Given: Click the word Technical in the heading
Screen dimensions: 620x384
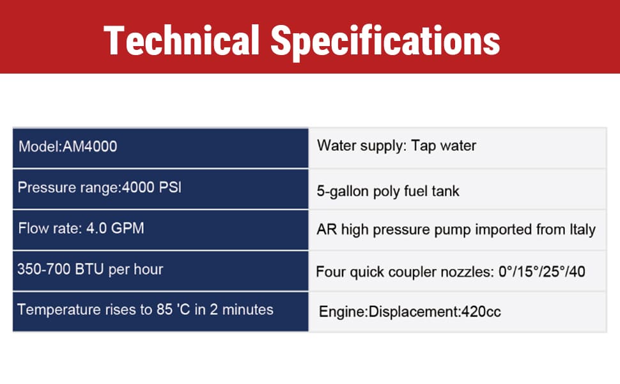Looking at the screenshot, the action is (182, 40).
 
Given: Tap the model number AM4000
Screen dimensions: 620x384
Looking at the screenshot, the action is (89, 147).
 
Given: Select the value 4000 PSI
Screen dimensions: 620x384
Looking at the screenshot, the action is (151, 187).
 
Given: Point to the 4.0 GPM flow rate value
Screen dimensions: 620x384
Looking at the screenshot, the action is (115, 228).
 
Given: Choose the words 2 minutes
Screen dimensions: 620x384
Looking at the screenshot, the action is (242, 310).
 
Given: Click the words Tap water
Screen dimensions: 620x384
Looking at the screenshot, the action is (444, 146).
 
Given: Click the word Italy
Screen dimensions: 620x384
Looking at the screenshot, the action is (582, 230).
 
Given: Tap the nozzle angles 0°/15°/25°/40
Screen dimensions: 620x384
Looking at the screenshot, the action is (542, 271).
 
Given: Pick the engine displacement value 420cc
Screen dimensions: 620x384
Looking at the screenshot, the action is (481, 312).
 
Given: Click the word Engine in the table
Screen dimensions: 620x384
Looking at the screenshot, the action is (343, 312).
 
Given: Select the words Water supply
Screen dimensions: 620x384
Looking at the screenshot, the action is (361, 146).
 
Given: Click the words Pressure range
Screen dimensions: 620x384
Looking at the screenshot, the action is (68, 188).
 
